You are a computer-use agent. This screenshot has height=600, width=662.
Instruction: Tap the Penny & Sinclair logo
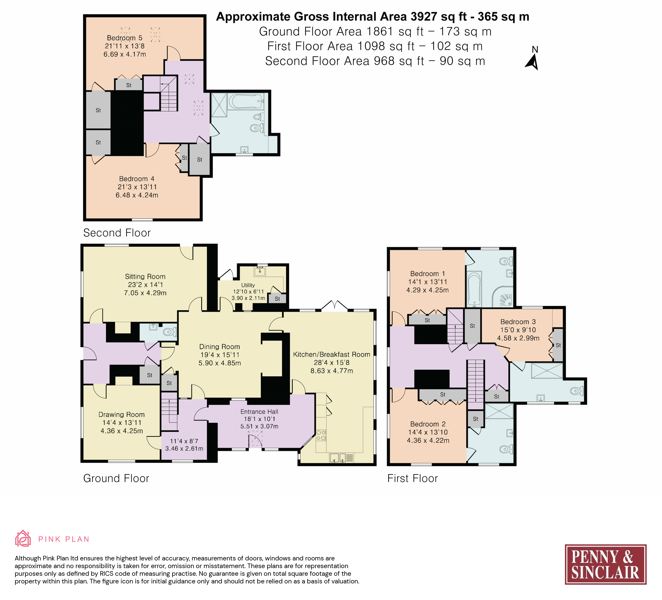(606, 564)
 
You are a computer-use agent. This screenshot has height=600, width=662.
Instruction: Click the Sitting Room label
(145, 277)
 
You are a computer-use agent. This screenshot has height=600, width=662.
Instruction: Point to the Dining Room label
(220, 347)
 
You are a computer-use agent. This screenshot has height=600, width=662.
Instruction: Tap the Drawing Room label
(122, 415)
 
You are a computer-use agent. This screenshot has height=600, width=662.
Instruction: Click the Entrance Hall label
(259, 412)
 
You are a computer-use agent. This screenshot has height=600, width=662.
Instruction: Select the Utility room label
(248, 285)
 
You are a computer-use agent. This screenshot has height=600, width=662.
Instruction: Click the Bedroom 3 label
(518, 322)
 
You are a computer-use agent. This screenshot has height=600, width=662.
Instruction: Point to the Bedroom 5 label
(125, 38)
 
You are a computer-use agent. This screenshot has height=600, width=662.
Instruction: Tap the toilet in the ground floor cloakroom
(170, 332)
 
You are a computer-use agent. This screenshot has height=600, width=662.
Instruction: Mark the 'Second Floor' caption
(117, 233)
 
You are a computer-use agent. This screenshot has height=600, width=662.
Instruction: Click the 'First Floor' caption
(412, 478)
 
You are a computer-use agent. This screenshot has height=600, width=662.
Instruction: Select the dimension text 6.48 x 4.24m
(137, 195)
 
